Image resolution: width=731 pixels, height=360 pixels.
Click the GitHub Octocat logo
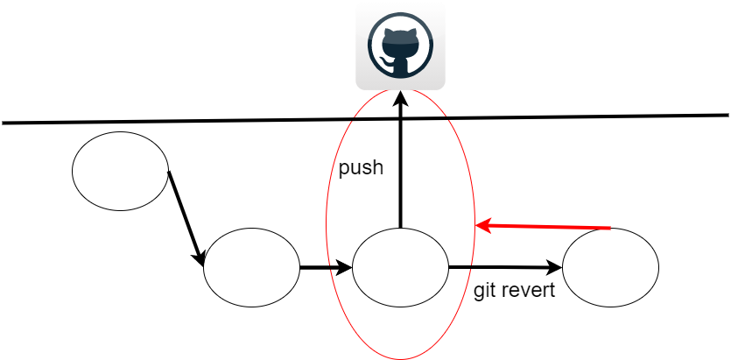(400, 46)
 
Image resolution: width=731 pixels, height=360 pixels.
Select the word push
(361, 168)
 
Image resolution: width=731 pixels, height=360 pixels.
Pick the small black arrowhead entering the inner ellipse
(345, 267)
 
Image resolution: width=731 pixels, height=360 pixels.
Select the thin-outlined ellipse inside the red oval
(400, 267)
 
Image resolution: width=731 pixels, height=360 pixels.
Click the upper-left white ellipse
(120, 171)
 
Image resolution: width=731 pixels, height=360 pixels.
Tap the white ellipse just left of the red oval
(251, 267)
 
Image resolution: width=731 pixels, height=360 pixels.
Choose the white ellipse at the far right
(610, 267)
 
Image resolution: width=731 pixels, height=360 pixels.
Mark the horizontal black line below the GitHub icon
(400, 118)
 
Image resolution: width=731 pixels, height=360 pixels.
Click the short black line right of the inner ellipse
(460, 266)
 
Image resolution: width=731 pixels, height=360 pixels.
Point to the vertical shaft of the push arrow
(400, 166)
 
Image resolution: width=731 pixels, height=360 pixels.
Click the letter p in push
(344, 170)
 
